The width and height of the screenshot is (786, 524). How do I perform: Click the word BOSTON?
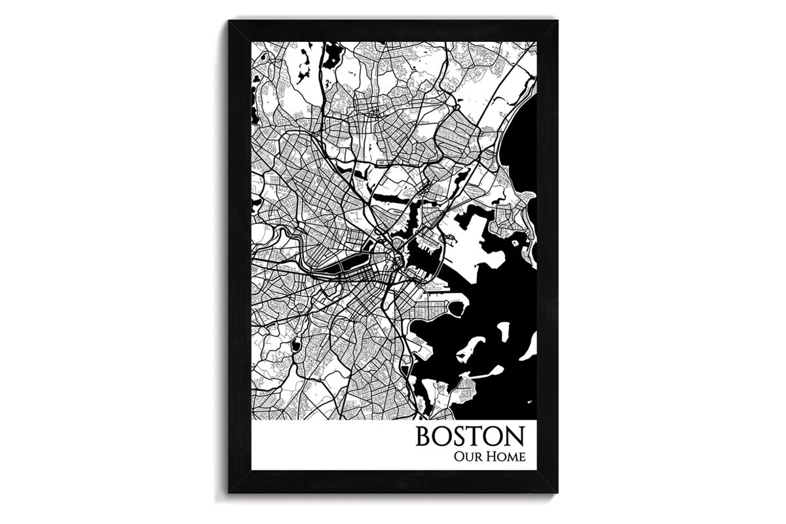(470, 437)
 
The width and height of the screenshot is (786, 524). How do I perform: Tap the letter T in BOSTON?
(476, 437)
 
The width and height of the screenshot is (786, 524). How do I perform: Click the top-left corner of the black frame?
(229, 22)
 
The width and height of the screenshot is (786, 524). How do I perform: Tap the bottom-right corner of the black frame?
(557, 493)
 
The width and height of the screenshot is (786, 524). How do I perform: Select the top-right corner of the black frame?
(557, 22)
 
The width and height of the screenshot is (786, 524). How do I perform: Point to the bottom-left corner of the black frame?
(229, 493)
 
